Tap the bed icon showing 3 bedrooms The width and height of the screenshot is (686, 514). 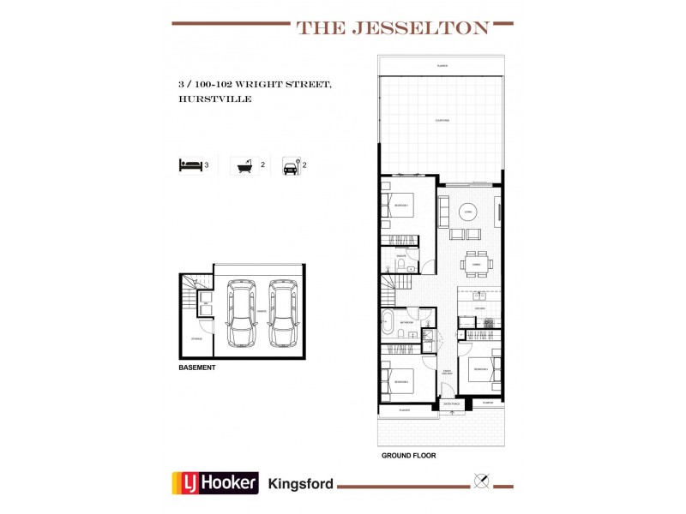point(190,165)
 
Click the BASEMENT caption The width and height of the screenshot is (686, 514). point(197,368)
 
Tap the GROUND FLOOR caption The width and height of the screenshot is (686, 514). point(408,457)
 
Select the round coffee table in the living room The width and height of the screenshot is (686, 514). point(468,213)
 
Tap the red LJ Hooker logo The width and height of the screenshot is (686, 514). point(215,482)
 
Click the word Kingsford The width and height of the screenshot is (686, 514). point(301,483)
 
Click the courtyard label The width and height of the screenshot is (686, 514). point(442,121)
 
